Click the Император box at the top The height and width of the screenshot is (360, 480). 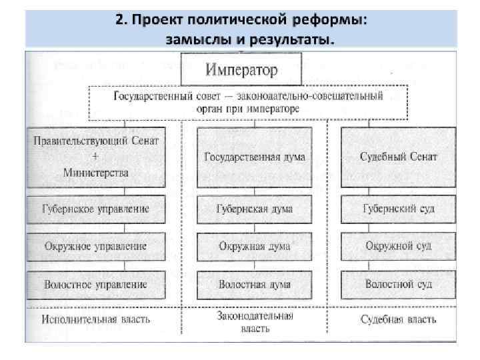tap(242, 69)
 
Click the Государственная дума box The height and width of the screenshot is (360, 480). tap(254, 157)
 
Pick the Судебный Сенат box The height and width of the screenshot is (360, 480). tap(399, 157)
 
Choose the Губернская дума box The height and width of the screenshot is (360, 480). tap(254, 209)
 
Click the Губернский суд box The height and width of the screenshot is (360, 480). tap(399, 209)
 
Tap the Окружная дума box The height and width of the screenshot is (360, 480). tap(254, 246)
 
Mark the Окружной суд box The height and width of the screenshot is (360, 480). tap(399, 246)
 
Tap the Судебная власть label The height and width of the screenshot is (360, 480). tap(399, 319)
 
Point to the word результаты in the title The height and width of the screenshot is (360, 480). tap(287, 39)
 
